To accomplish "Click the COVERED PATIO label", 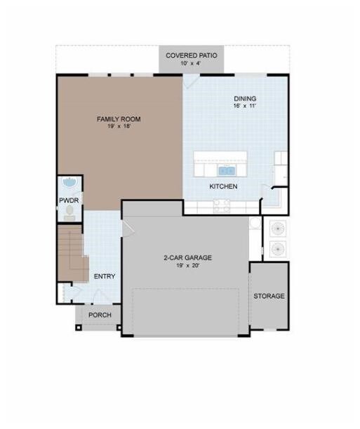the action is [x=192, y=55].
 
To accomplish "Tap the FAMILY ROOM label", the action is [x=119, y=119].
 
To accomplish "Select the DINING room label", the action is [x=245, y=99].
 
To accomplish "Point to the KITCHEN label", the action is [x=223, y=186].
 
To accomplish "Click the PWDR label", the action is [x=69, y=200].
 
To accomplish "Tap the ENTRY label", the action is [x=105, y=277].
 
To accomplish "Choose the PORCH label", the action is [x=100, y=315].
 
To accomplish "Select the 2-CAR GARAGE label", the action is [x=187, y=258].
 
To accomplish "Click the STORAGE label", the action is [x=269, y=296].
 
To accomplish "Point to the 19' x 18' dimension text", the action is [x=119, y=127].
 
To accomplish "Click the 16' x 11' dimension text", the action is [x=245, y=106].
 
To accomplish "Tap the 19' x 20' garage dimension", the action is [x=187, y=265].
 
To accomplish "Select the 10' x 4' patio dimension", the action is [x=192, y=63].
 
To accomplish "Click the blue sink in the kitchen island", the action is [x=227, y=171].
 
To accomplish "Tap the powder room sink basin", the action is [x=70, y=182].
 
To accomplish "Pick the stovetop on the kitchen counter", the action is [x=222, y=206].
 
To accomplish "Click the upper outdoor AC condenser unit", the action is [x=278, y=228].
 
